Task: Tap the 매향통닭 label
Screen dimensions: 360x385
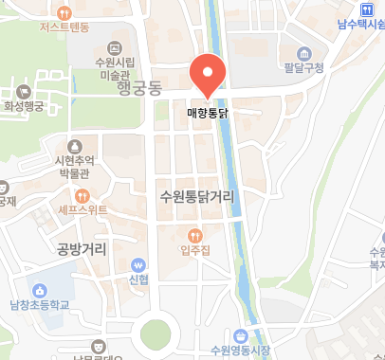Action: (x=208, y=111)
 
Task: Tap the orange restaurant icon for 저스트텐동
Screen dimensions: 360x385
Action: (x=64, y=13)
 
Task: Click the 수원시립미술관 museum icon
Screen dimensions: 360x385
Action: (x=116, y=46)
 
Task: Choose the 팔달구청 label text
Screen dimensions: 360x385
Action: (x=303, y=67)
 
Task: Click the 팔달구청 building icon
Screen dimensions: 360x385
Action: (x=303, y=51)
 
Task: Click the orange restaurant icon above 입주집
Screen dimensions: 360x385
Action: (x=194, y=234)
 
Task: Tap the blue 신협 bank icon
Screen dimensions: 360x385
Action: (x=139, y=265)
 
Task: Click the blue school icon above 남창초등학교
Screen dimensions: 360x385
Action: (x=40, y=290)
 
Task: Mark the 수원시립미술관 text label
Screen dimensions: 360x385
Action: (x=116, y=68)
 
